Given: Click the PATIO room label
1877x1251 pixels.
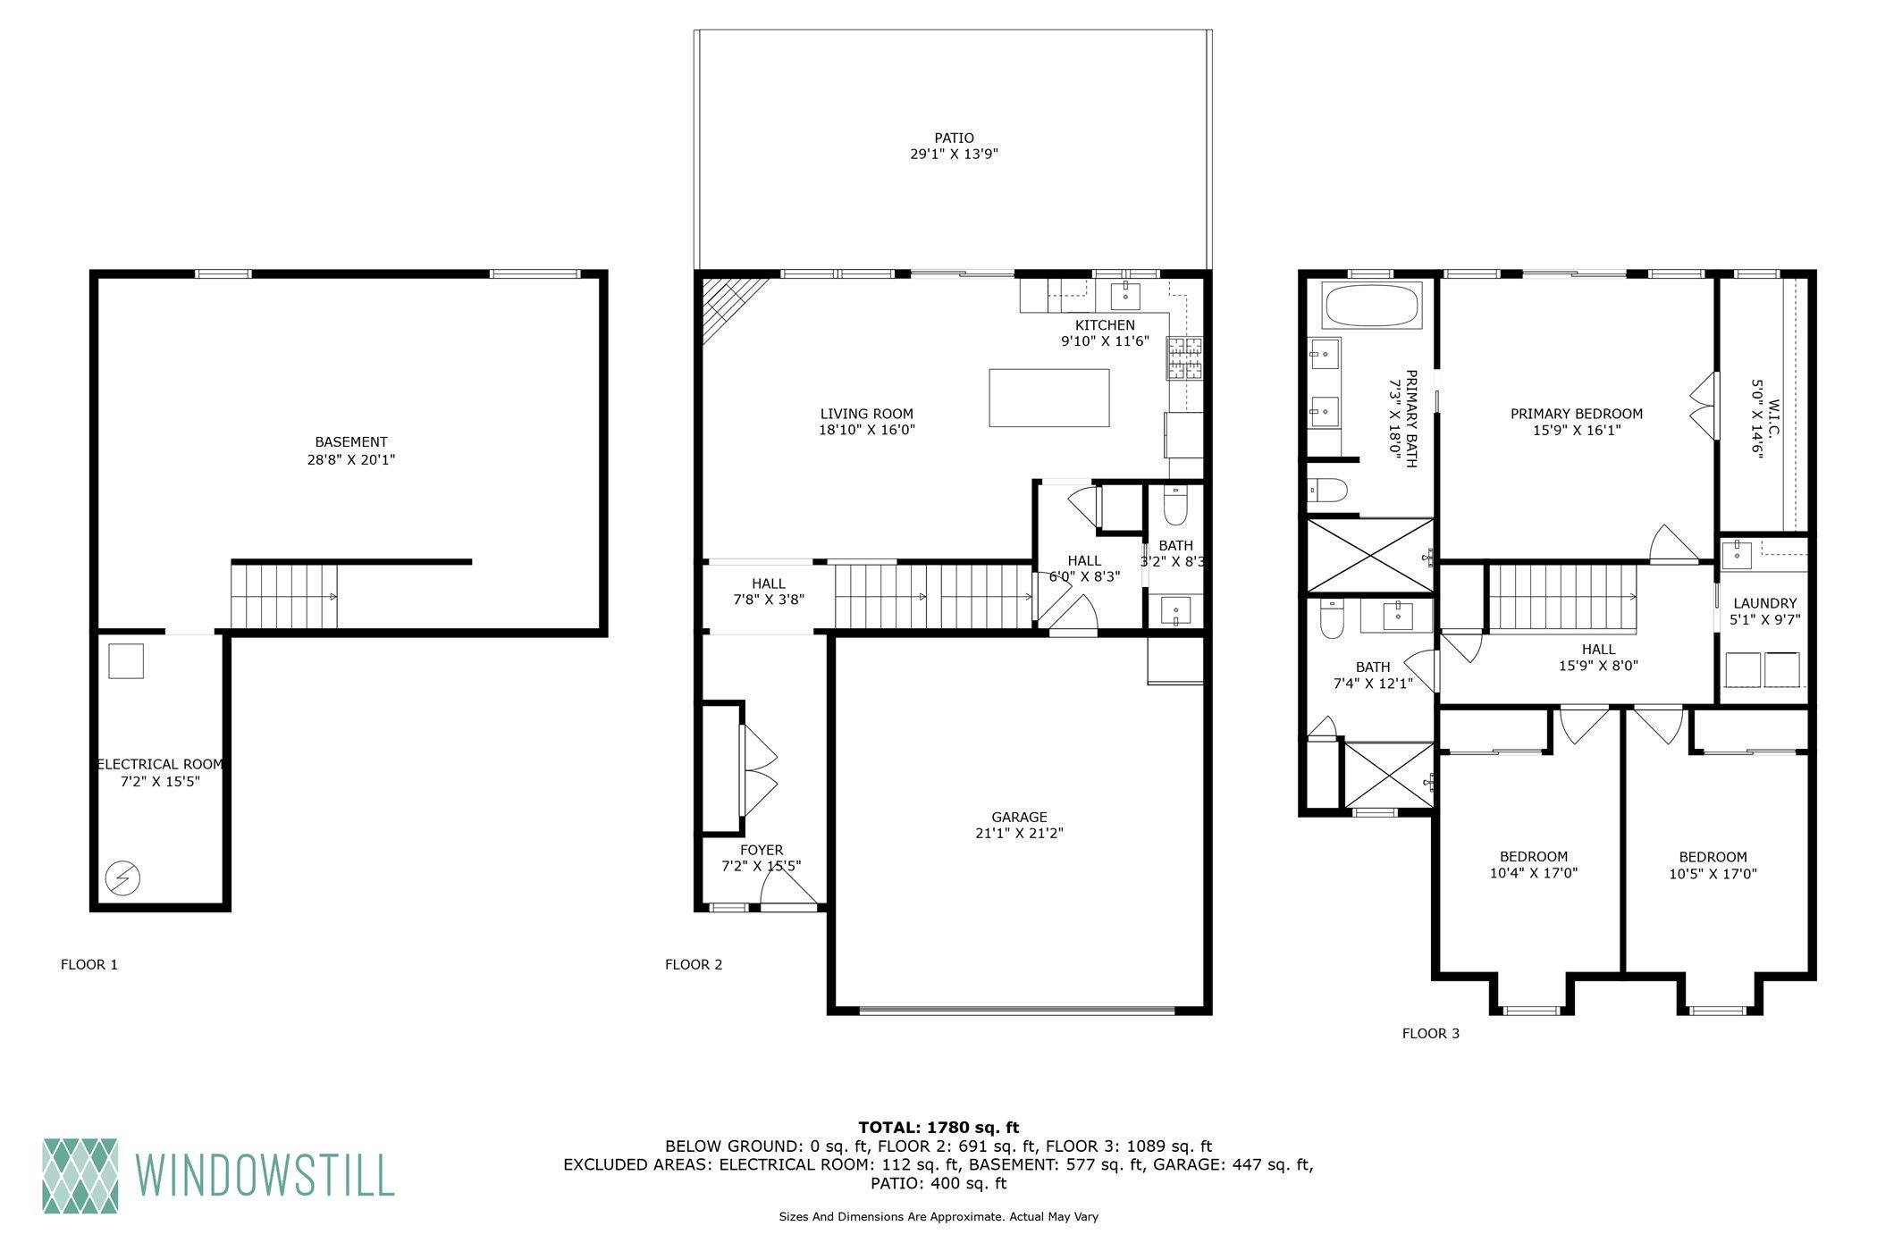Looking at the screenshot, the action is click(954, 138).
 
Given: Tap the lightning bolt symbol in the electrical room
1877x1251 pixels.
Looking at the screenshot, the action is click(122, 878).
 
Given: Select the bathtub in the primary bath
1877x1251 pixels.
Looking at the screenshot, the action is click(1371, 306).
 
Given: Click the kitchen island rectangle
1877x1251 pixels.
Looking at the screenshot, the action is click(1048, 398).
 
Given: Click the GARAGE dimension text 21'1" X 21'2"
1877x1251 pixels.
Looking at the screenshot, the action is click(1019, 834).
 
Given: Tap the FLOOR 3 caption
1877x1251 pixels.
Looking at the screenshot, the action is click(1430, 1034).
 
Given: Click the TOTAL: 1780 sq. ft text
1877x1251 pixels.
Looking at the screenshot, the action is click(938, 1128).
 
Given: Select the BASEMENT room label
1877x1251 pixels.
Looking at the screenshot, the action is click(351, 442).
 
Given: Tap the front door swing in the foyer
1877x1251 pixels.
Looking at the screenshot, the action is click(788, 886).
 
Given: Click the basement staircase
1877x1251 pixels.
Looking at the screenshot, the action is click(285, 596).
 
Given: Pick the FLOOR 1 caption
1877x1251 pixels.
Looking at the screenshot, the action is click(88, 965).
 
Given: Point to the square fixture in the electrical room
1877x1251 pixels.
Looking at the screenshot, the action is click(126, 661).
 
